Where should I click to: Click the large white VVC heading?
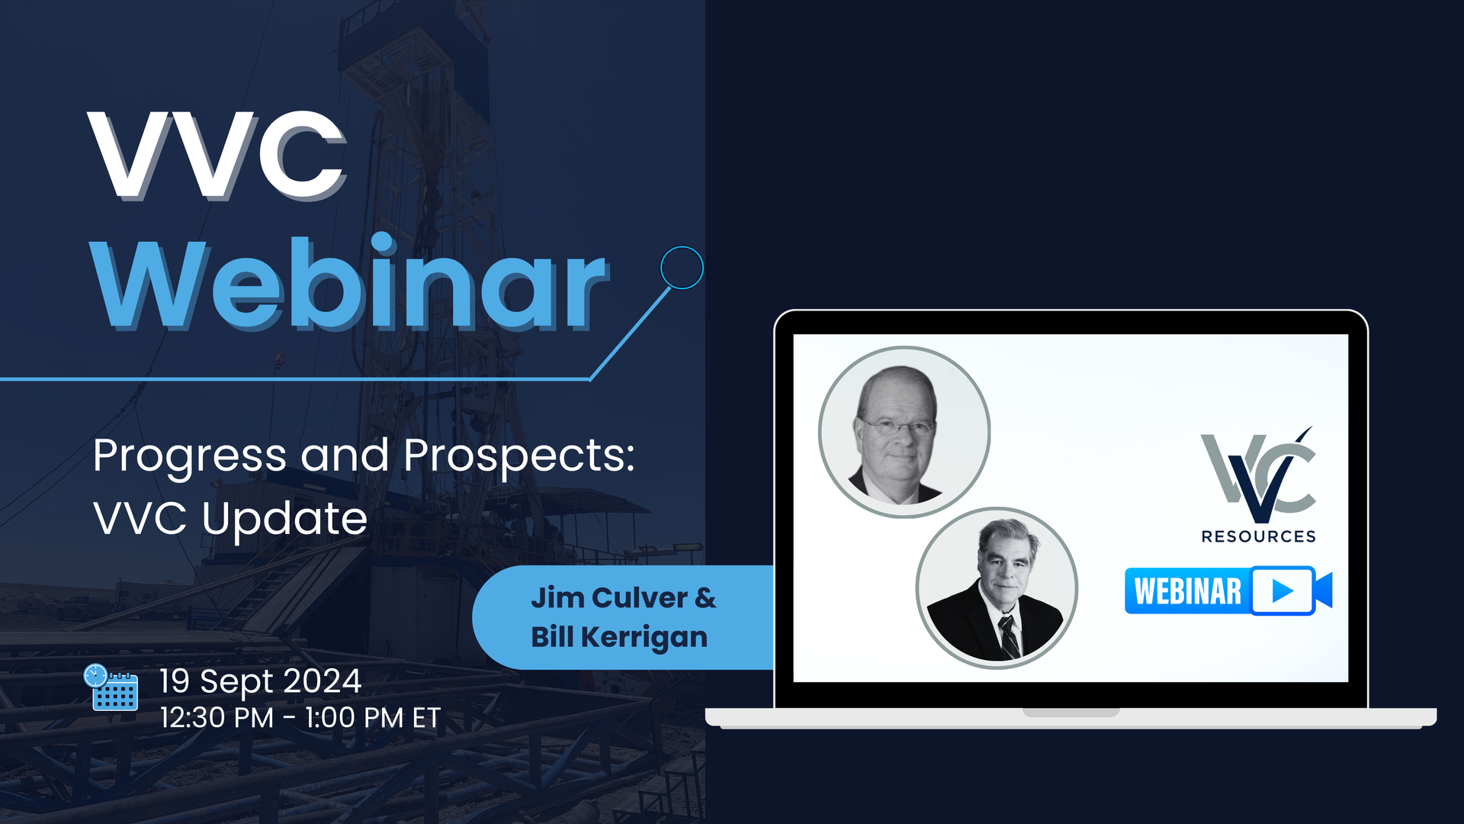(x=217, y=156)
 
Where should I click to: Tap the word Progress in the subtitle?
(x=190, y=457)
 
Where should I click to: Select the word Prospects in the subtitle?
(x=518, y=457)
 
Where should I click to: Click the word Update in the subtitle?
(x=284, y=520)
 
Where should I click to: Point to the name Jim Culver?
(x=609, y=598)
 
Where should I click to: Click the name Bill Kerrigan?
(x=619, y=638)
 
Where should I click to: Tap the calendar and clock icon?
(x=111, y=687)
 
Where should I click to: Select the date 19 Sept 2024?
(x=260, y=681)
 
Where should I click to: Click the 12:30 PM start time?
(x=217, y=718)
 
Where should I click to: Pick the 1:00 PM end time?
(x=354, y=718)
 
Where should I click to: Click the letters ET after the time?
(x=427, y=718)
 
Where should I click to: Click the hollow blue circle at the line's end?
(x=682, y=267)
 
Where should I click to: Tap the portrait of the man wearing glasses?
(x=904, y=433)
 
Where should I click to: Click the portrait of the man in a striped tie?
(x=997, y=587)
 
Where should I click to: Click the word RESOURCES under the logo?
(x=1259, y=536)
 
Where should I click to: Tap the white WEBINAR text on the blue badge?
(x=1188, y=591)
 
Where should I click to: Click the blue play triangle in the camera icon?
(x=1283, y=591)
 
